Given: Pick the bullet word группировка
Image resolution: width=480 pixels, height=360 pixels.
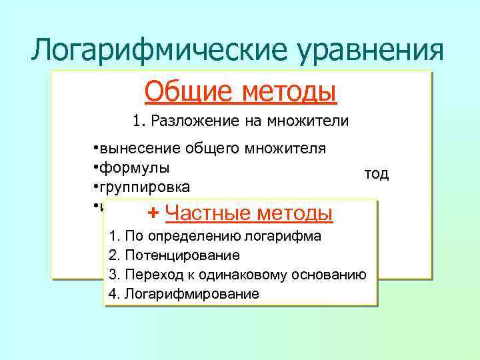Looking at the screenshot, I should [x=147, y=185].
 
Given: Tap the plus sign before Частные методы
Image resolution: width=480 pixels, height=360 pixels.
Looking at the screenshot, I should [x=153, y=213].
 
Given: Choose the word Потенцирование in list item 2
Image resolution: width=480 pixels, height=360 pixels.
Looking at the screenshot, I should [x=181, y=255].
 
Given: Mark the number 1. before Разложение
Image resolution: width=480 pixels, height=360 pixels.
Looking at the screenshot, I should [x=139, y=121].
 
